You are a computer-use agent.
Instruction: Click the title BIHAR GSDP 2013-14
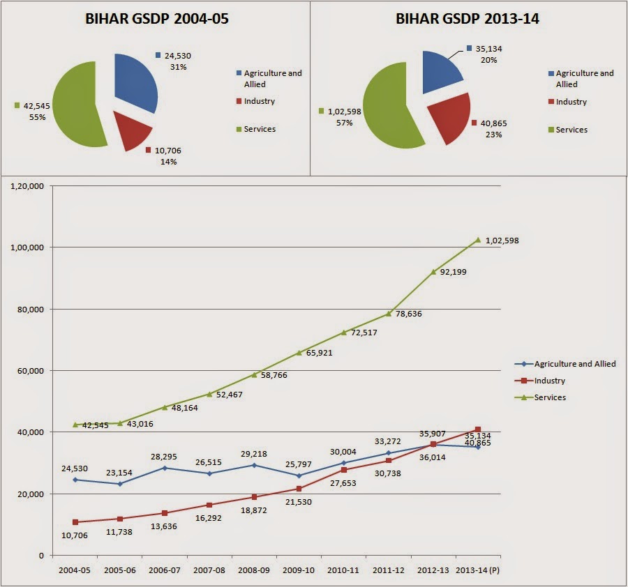tap(467, 19)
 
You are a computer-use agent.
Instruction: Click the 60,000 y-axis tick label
tap(29, 371)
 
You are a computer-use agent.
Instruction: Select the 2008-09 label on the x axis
tap(254, 570)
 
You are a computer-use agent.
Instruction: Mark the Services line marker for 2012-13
tap(433, 272)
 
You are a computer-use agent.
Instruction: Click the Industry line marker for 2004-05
tap(75, 522)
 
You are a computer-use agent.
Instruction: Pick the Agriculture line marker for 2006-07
tap(165, 468)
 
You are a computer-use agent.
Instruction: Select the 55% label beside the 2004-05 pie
tap(37, 117)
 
